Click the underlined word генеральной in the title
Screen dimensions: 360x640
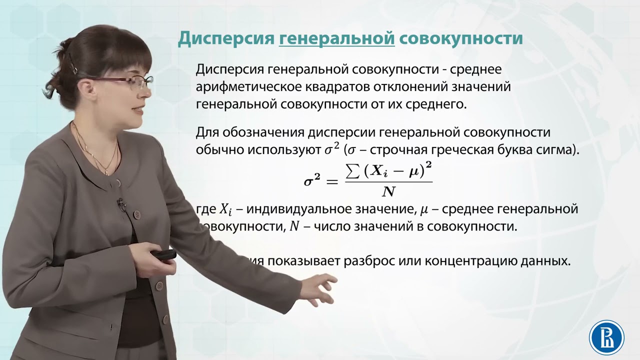tap(337, 38)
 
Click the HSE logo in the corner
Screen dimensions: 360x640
tap(606, 336)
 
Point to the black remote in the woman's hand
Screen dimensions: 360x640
tap(164, 254)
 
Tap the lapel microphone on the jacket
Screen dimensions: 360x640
tap(120, 203)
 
